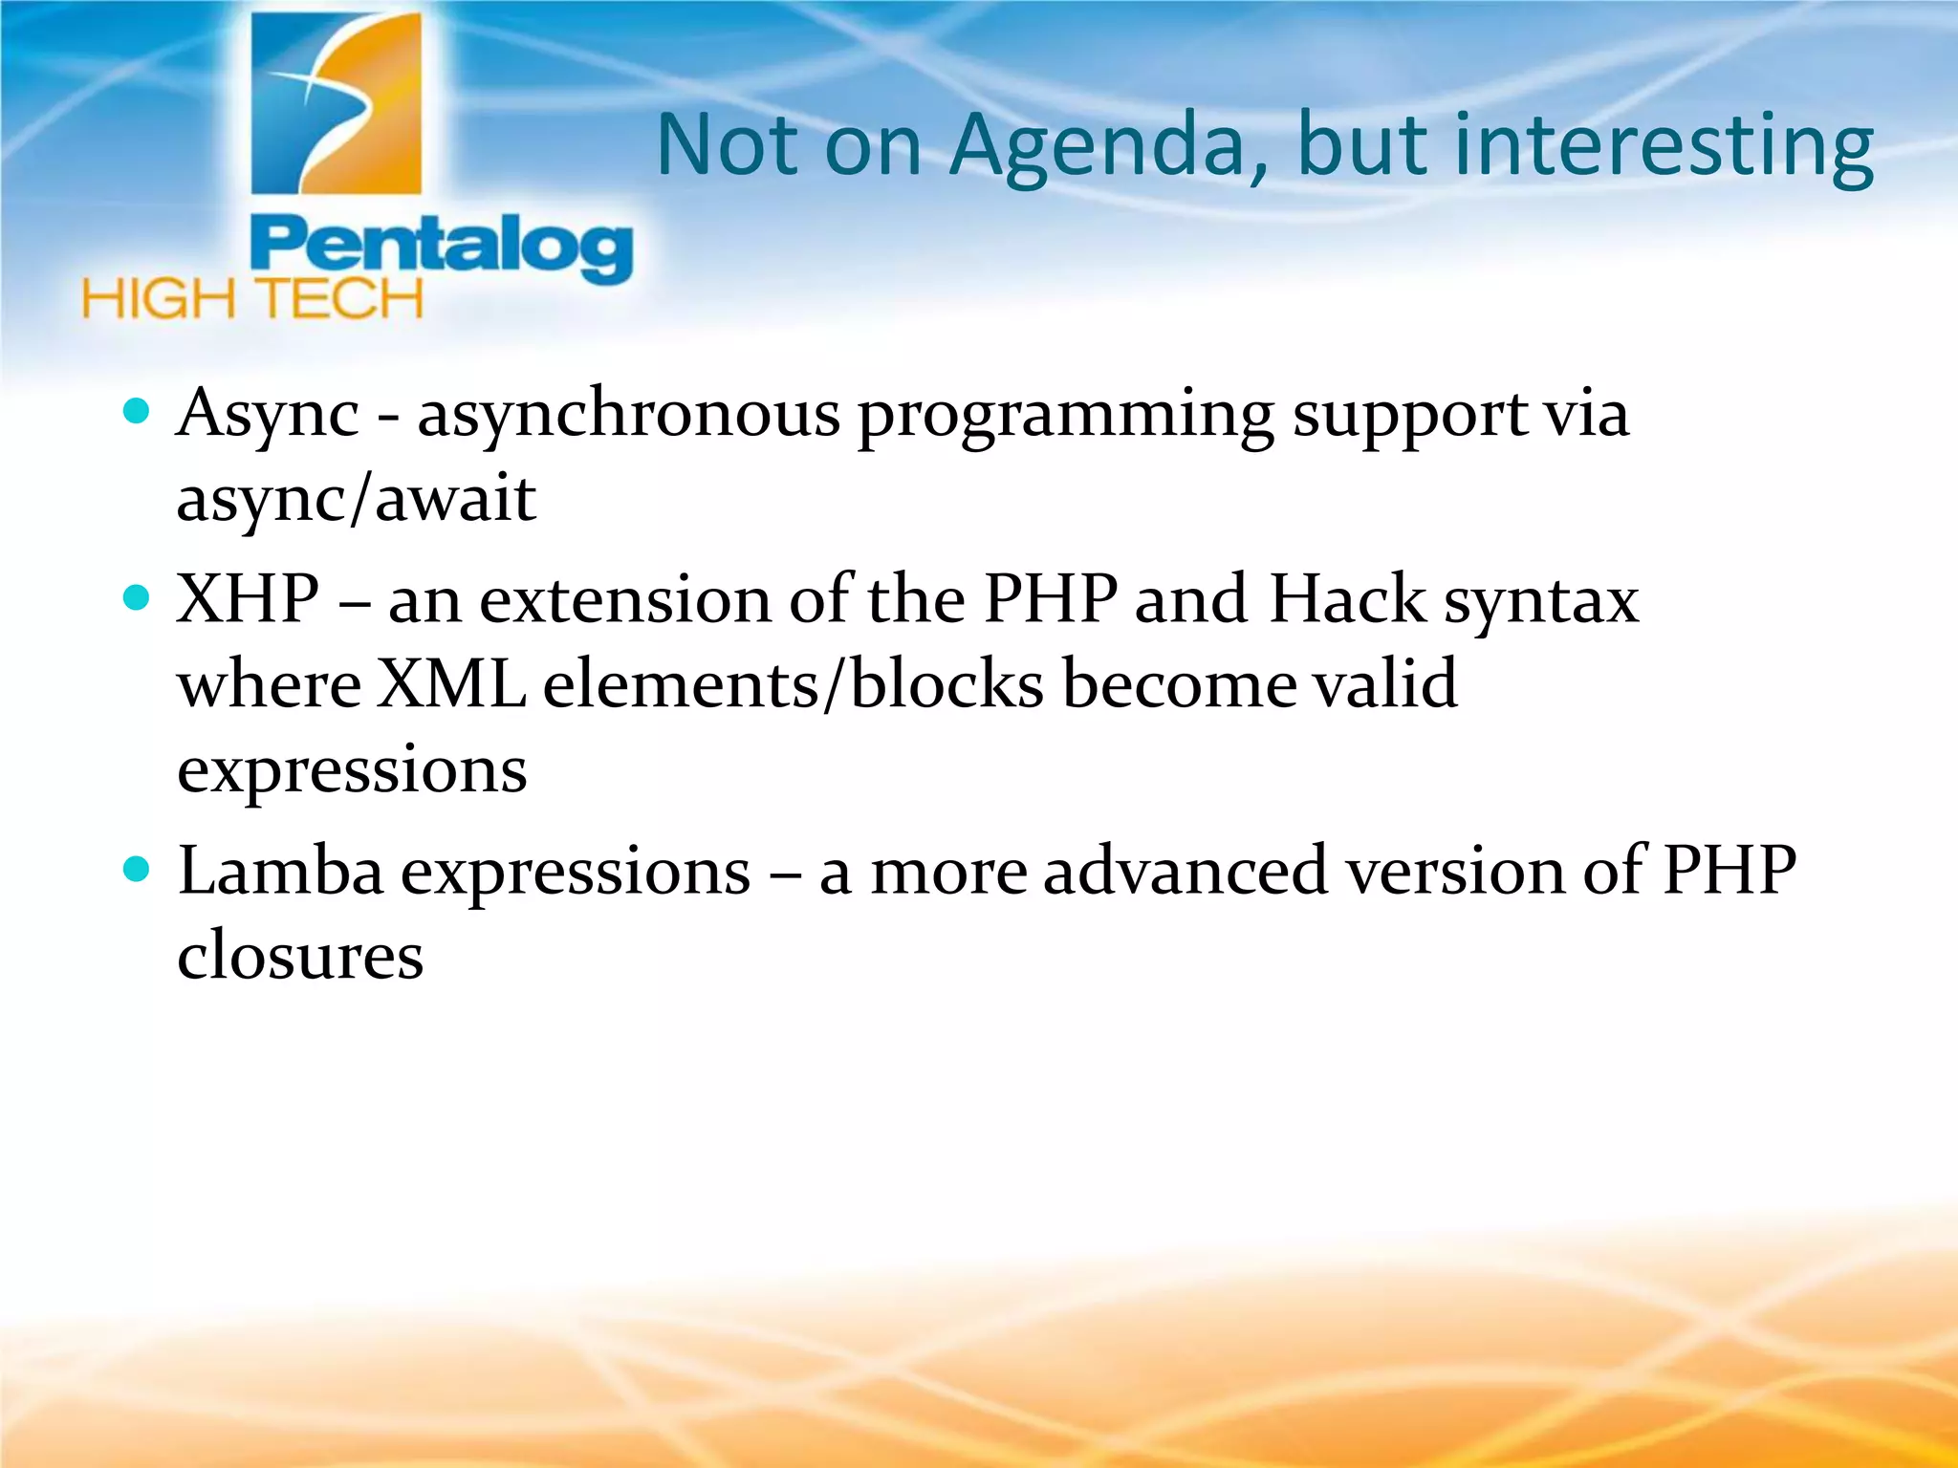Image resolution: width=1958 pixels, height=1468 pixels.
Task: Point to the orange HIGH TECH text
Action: (252, 299)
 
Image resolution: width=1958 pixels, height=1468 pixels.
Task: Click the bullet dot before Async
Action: (138, 412)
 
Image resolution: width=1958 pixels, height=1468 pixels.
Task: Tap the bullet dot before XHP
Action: (138, 598)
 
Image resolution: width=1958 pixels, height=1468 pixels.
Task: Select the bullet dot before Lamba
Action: (138, 870)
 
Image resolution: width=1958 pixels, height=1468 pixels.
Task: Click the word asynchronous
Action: (628, 416)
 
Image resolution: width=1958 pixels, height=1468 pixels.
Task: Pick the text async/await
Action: (356, 499)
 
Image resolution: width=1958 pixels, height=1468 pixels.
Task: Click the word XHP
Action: (248, 599)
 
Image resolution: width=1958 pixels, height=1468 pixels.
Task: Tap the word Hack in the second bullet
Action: (1347, 599)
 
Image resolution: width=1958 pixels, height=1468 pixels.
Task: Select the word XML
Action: (451, 683)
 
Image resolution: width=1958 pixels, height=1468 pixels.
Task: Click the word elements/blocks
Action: (794, 683)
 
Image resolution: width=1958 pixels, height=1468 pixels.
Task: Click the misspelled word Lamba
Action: (280, 871)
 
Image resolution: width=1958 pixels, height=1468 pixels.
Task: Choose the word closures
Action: (300, 955)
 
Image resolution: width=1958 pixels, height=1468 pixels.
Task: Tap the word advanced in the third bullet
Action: (1185, 871)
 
